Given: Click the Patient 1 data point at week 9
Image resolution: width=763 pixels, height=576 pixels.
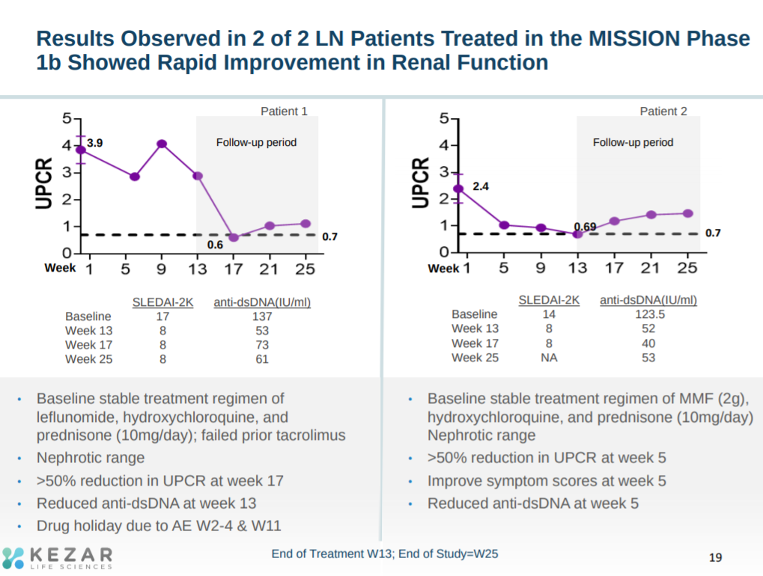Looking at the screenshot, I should [162, 144].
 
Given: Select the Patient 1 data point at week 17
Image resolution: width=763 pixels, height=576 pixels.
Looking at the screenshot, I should [234, 237].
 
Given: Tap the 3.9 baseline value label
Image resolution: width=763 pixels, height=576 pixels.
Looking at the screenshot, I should [95, 142].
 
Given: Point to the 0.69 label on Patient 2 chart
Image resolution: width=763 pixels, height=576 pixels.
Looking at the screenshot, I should [585, 226].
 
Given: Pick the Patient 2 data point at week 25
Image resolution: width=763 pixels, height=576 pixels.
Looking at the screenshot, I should [687, 213].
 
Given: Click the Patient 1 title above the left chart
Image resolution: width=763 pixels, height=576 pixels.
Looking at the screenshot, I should [284, 111].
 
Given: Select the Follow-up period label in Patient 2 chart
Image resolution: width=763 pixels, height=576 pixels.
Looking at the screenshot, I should [633, 142].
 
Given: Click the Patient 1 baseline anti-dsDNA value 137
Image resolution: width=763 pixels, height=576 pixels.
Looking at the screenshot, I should [262, 316].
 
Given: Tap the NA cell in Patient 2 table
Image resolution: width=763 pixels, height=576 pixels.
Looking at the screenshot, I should [549, 358].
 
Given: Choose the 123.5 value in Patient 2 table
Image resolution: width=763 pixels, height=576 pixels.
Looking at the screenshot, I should [648, 314].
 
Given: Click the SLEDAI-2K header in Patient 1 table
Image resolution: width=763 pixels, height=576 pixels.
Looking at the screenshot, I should [162, 302].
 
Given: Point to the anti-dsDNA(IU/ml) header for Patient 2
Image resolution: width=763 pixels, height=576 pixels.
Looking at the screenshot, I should [648, 300].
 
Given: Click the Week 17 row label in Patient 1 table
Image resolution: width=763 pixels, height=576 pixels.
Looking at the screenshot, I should [90, 345].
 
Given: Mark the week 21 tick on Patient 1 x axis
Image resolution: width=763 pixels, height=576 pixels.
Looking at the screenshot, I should [270, 269].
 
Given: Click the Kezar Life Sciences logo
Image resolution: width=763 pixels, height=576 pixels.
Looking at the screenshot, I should [58, 557].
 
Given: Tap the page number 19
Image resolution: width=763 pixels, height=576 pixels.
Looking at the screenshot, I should [715, 557].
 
